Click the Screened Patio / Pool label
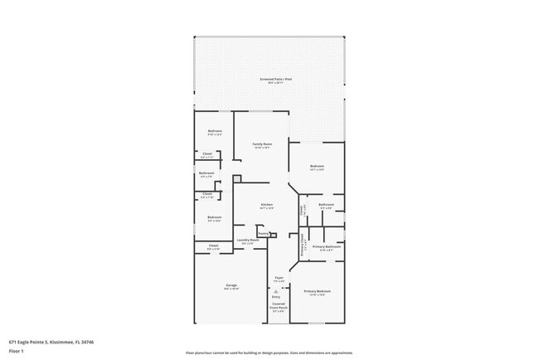coord(269,80)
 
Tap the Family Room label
coord(263,144)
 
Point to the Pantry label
coord(262,234)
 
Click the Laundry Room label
coord(248,241)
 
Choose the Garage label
coord(231,286)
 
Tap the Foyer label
coord(279,278)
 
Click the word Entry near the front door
coord(276,296)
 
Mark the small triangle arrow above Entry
coord(276,290)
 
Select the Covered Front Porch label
coord(279,305)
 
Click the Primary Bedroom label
coord(317,291)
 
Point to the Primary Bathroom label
coord(327,246)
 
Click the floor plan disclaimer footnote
coord(269,353)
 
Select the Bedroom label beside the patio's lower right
coord(317,167)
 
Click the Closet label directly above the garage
coord(213,246)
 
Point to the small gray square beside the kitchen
coord(236,178)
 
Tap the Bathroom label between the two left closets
coord(206,173)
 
